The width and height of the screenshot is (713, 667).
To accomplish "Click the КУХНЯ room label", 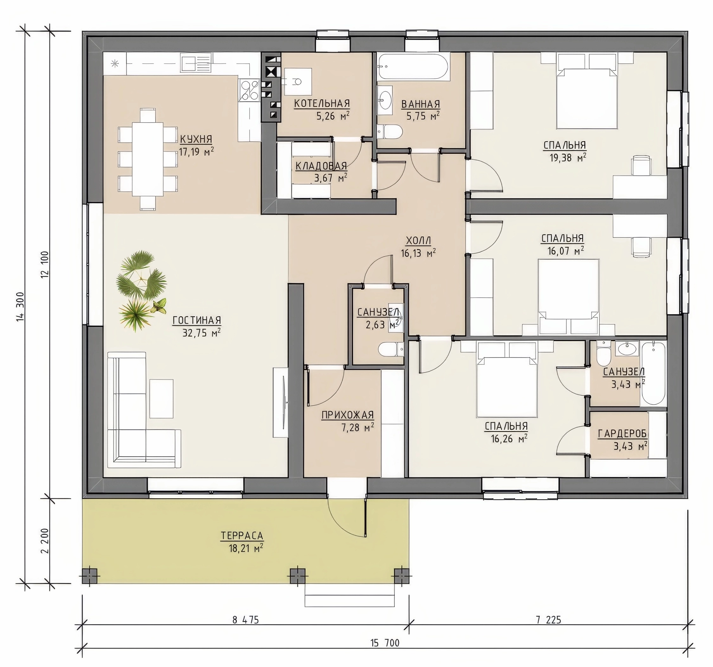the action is point(196,139).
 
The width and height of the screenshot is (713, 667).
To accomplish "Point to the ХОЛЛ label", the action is point(418,240).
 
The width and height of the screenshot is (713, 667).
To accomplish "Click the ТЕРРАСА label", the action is point(242,536).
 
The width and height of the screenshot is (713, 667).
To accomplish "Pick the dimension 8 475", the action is point(246,620).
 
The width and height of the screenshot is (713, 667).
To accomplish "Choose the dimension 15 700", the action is point(385,643).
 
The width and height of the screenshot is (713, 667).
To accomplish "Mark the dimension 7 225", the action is point(549,620).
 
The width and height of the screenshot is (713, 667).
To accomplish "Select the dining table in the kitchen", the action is point(148,159).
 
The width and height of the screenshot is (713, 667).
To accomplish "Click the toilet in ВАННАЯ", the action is point(389,131).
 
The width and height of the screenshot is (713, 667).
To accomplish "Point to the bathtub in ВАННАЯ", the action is point(413,66).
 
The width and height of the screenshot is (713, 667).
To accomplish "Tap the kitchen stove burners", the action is point(250,90).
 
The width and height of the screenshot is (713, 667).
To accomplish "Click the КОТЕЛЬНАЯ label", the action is point(322,103).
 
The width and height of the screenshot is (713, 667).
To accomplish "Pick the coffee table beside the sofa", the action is point(161,398).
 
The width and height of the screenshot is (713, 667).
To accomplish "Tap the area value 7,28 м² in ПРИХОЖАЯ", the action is point(358,428).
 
